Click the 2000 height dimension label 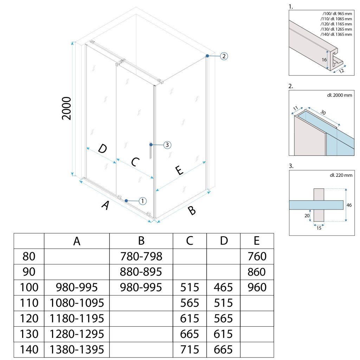[66, 109]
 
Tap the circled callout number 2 [224, 56]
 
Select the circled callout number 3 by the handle [167, 144]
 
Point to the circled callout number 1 [142, 201]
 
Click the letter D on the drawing [102, 149]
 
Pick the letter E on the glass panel [179, 171]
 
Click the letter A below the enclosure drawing [104, 206]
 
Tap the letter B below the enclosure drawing [192, 211]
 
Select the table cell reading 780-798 [141, 257]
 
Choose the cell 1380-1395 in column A [77, 349]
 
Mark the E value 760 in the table [257, 257]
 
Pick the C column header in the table [189, 241]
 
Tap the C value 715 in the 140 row [190, 349]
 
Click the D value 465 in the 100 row [223, 288]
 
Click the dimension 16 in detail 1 [324, 60]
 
